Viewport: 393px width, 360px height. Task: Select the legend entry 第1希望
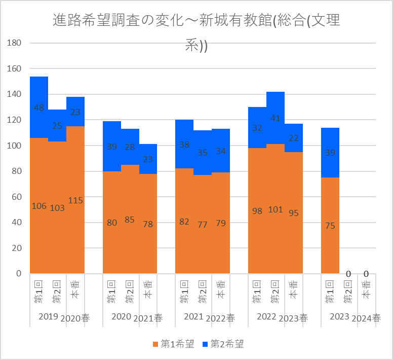[174, 344]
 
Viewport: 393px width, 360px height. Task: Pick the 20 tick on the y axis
[17, 248]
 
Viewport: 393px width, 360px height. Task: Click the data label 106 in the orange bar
[39, 206]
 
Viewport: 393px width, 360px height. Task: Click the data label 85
[130, 220]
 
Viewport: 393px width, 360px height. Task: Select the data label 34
[221, 151]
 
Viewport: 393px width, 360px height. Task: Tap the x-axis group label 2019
[48, 317]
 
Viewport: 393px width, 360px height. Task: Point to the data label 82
[184, 222]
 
